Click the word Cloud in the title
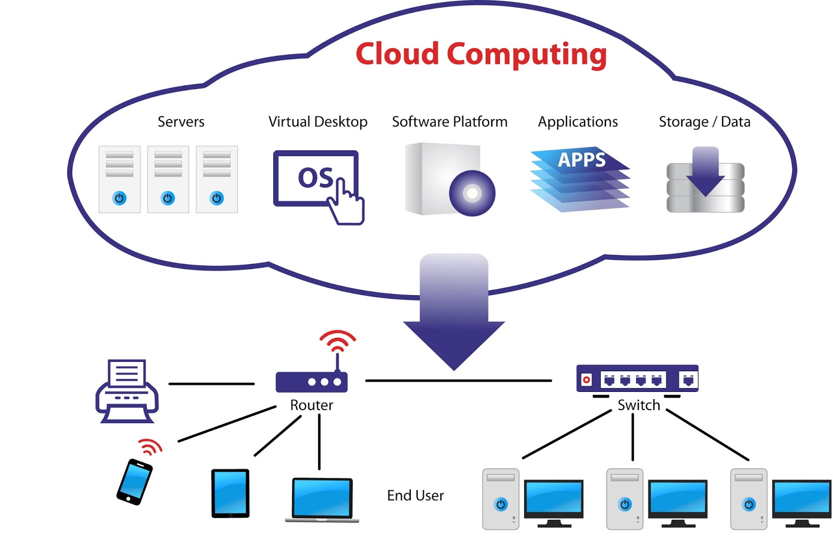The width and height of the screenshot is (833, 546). (x=397, y=54)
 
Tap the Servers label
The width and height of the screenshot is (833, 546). (x=181, y=122)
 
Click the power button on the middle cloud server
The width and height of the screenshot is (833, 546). (x=168, y=198)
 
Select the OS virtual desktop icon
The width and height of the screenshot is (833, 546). (x=315, y=179)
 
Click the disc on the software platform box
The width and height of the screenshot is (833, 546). (x=472, y=193)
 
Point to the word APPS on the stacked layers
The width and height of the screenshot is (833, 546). (x=582, y=159)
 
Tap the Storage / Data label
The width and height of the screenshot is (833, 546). (x=704, y=122)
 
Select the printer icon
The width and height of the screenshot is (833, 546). (x=127, y=391)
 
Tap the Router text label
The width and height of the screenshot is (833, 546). (x=311, y=405)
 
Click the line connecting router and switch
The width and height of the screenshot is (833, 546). (x=458, y=381)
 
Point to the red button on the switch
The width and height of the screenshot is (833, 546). (x=586, y=379)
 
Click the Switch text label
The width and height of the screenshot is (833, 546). (x=638, y=405)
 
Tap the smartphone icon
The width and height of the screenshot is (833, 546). (x=134, y=481)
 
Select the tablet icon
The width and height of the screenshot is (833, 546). (x=230, y=493)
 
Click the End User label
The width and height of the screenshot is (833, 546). (x=415, y=496)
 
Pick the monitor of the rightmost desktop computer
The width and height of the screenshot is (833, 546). (x=801, y=499)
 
